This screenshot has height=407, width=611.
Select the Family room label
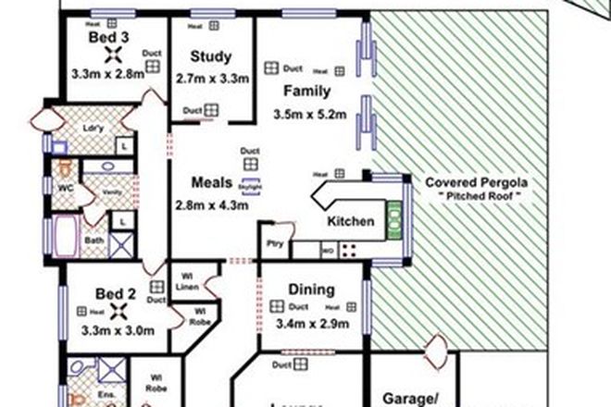coord(304,92)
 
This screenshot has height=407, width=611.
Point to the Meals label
coord(212,181)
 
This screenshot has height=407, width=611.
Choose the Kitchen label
coord(351,222)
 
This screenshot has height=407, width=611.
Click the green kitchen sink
coord(393,217)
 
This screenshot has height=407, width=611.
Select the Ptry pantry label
coord(274,244)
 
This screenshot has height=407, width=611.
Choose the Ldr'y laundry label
coord(94,128)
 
